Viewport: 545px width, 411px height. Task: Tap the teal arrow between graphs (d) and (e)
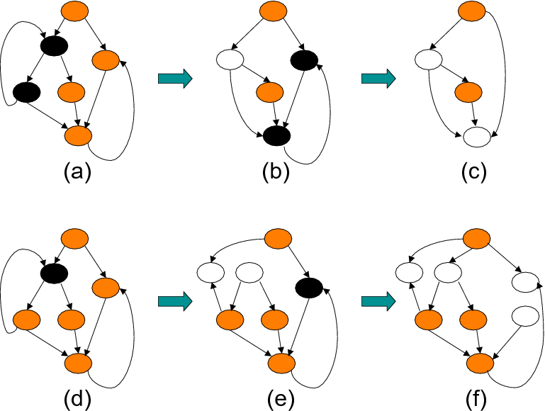tap(175, 303)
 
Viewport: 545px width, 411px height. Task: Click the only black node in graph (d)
tap(55, 272)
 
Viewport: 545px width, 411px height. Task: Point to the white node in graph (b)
tap(229, 59)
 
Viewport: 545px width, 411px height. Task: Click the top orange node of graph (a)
tap(74, 11)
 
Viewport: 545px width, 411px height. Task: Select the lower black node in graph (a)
tap(26, 92)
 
